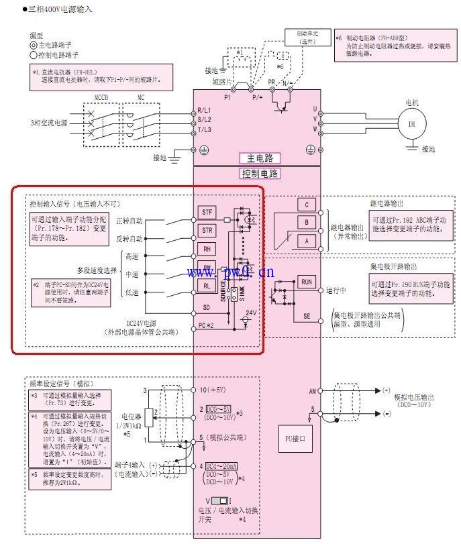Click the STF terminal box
point(207,213)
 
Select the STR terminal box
point(207,230)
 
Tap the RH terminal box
point(207,248)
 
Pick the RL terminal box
point(207,284)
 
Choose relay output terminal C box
point(306,205)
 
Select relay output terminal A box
point(306,240)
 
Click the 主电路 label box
point(260,159)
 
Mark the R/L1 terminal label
point(204,110)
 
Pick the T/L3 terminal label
point(204,129)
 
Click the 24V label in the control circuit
point(251,313)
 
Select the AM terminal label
point(312,390)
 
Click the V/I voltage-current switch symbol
point(219,500)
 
